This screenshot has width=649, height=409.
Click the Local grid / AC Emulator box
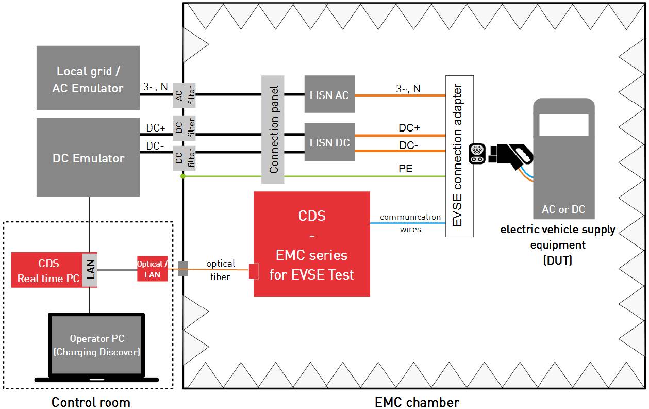coord(88,78)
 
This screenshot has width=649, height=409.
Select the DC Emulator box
coord(88,157)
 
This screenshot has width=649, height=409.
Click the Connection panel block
coord(273,129)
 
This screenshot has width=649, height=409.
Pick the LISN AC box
coord(329,94)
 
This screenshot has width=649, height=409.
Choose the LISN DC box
coord(329,142)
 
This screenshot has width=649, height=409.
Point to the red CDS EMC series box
coord(311,244)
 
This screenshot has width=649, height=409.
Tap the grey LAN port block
coord(90,270)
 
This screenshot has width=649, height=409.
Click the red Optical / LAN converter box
coord(152,269)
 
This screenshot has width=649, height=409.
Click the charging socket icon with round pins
coord(477,153)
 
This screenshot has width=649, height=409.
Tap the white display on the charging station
coord(563,125)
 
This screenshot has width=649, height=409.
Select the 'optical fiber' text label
coord(220,270)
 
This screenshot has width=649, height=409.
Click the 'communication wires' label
coord(410,223)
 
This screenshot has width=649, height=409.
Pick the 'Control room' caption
coord(91,402)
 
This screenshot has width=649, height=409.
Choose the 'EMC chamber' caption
coord(417,402)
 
